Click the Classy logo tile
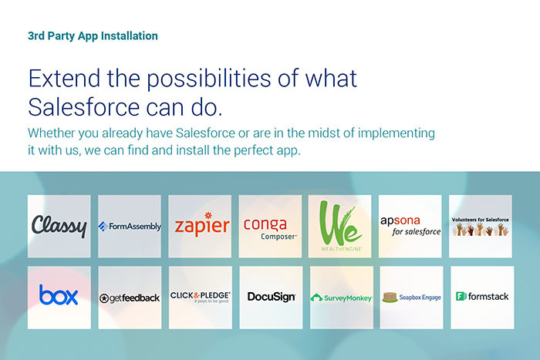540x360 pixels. pos(59,226)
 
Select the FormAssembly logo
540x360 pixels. pos(130,226)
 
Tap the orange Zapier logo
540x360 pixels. pos(202,224)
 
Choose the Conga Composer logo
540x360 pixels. pos(270,228)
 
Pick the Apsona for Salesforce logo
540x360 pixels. pos(410,226)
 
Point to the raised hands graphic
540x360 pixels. pos(481,229)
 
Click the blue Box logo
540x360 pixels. pos(59,295)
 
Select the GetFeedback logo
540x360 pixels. pos(130,298)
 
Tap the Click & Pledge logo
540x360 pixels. pos(200,297)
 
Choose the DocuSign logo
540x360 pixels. pos(272,297)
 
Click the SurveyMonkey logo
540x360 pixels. pos(341,298)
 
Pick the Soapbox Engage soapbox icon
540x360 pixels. pos(390,297)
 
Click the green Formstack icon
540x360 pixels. pos(461,296)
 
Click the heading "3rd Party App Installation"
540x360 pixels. pos(93,36)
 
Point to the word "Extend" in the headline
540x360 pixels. pos(64,78)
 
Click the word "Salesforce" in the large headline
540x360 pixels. pos(83,107)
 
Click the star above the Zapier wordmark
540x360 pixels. pos(208,215)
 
